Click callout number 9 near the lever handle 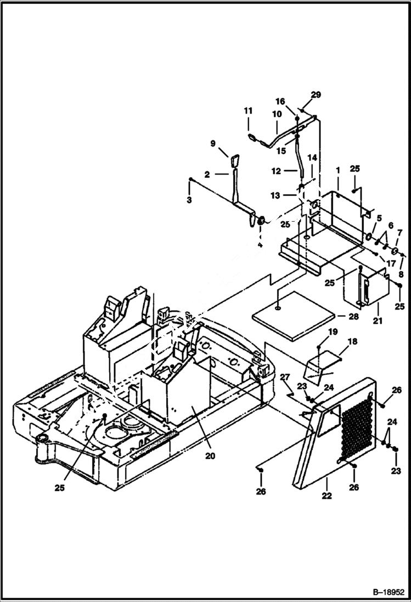213,144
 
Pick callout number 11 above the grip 247,111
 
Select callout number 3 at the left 189,200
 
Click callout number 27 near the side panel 284,376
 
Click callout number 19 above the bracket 333,332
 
